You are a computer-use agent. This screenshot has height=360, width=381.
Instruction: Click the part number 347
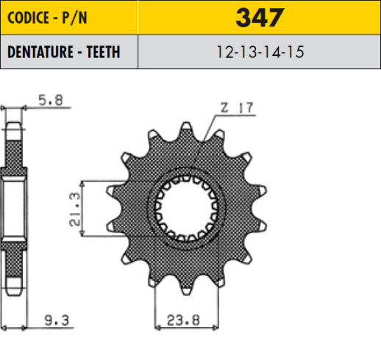[260, 18]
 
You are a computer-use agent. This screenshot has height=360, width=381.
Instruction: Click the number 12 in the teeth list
[225, 53]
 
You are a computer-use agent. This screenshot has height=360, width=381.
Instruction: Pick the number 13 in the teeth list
[249, 53]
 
